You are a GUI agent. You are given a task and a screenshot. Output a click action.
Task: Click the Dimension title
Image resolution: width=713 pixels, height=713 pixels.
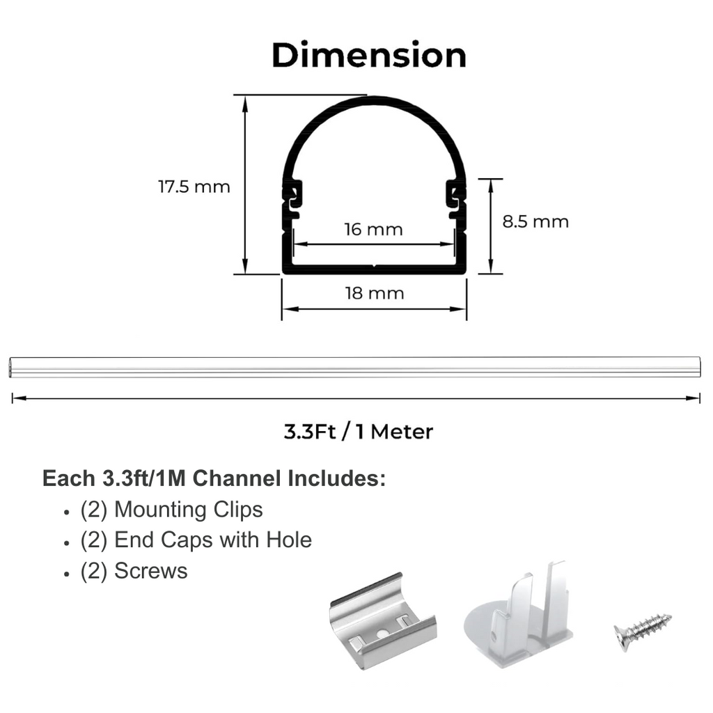(x=369, y=56)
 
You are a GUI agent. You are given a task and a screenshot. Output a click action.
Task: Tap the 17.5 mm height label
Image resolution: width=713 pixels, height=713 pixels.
(x=194, y=187)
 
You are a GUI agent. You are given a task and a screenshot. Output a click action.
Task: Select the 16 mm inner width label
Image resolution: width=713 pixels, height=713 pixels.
(x=373, y=229)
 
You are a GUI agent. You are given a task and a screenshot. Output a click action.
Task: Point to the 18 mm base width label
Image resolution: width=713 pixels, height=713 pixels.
(x=374, y=293)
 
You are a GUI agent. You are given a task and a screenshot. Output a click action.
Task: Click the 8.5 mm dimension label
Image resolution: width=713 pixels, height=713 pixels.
(x=535, y=221)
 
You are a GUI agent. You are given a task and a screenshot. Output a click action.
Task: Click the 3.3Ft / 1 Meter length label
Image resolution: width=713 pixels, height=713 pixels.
(x=359, y=432)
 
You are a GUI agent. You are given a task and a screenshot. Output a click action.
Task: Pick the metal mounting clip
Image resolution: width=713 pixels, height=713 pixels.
(x=382, y=620)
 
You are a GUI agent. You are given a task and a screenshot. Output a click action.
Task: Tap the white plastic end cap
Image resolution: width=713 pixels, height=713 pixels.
(x=517, y=614)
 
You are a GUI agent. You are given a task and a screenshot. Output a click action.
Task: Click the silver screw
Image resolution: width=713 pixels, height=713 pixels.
(x=642, y=631)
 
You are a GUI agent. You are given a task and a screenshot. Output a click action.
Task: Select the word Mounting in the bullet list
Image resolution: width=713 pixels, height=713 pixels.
(x=161, y=510)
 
